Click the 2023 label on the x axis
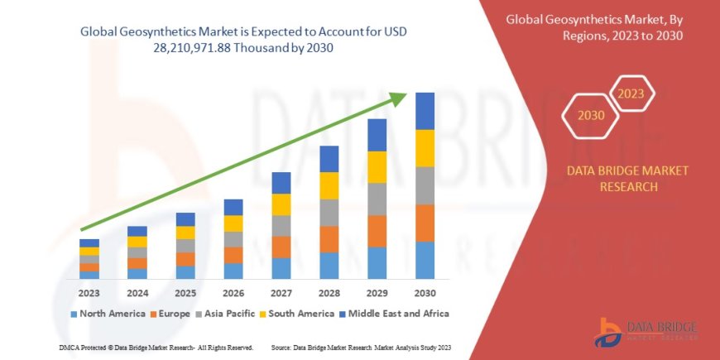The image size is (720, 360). click(x=89, y=293)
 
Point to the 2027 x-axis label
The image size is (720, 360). click(x=281, y=293)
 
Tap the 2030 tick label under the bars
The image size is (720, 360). click(x=425, y=293)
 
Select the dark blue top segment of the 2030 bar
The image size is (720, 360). click(x=425, y=111)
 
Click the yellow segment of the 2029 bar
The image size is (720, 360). click(x=377, y=167)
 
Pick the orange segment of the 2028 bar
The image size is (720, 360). click(x=329, y=239)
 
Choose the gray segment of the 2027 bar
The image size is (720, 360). click(x=281, y=226)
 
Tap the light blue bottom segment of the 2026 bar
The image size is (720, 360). click(x=233, y=271)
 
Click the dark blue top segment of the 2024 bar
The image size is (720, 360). click(x=137, y=231)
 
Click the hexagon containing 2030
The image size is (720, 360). click(x=591, y=117)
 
